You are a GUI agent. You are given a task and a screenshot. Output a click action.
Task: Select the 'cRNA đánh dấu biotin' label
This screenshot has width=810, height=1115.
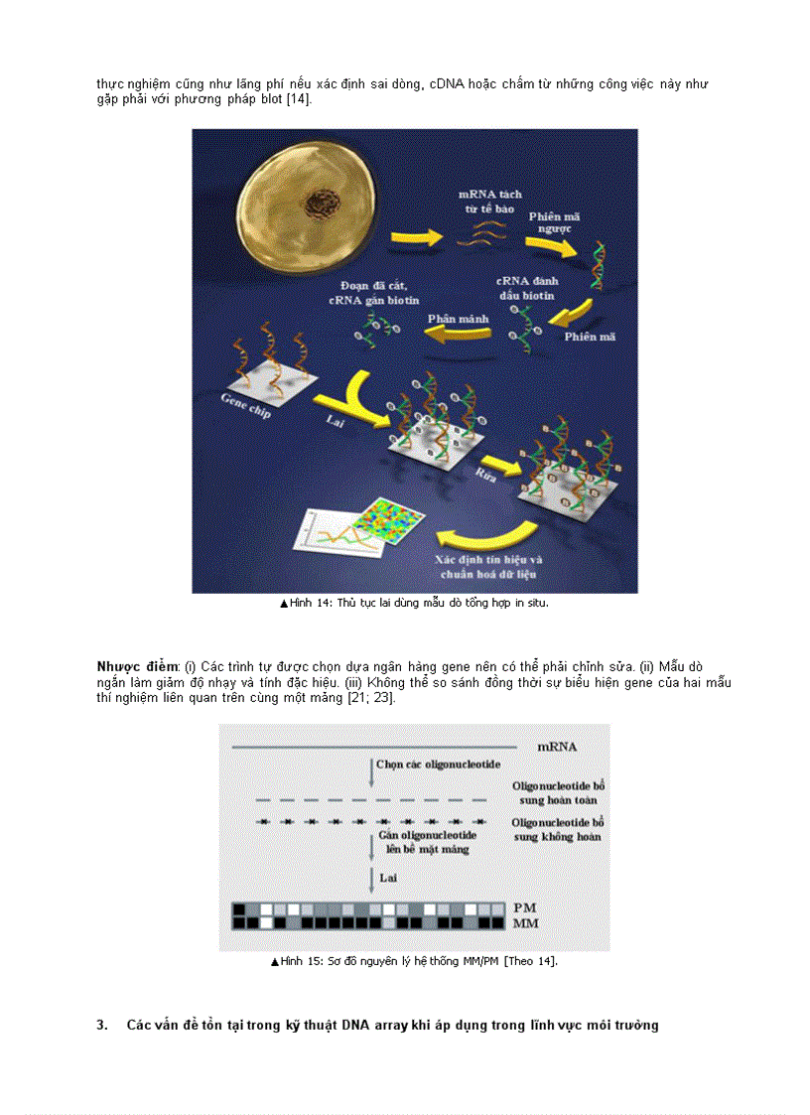click(x=525, y=288)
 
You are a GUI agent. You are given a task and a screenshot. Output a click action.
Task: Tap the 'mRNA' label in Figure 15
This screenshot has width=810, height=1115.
click(x=557, y=746)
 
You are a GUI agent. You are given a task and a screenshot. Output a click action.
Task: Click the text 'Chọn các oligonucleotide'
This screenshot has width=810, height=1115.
click(x=439, y=765)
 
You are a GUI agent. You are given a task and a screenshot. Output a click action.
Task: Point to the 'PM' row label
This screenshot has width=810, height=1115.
click(x=526, y=907)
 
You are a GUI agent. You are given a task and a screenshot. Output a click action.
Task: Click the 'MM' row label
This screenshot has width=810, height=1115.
click(x=526, y=922)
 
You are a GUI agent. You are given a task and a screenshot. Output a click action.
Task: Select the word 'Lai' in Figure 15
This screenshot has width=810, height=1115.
click(x=388, y=877)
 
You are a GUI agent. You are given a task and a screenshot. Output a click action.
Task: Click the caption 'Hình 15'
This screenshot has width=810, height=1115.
click(x=303, y=961)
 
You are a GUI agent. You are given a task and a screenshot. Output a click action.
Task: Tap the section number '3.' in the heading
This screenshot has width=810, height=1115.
click(x=101, y=1025)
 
